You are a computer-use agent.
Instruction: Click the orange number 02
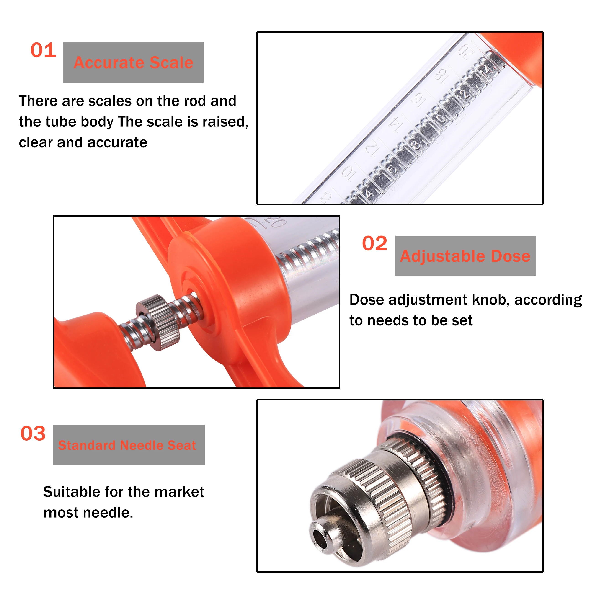tap(374, 244)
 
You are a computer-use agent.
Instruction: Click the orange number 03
tap(33, 433)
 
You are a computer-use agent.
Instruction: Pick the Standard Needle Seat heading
tap(127, 445)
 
